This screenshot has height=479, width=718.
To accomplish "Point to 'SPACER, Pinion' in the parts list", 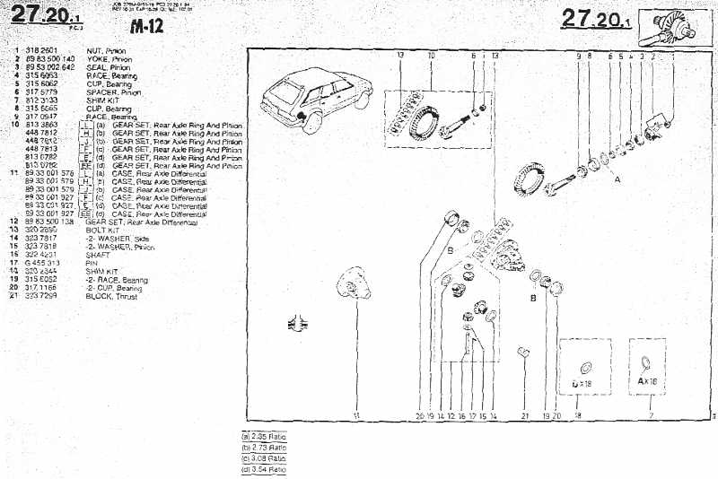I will click(113, 91).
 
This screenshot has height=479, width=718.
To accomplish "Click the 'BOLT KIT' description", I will click(102, 231).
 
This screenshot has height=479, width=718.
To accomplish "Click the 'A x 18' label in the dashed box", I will click(648, 381).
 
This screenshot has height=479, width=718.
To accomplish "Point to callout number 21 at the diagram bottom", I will click(526, 416).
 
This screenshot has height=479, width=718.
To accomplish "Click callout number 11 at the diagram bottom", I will click(356, 416).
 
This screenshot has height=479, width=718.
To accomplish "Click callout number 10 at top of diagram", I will click(431, 56).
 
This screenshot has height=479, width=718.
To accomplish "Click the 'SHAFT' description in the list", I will click(97, 255).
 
